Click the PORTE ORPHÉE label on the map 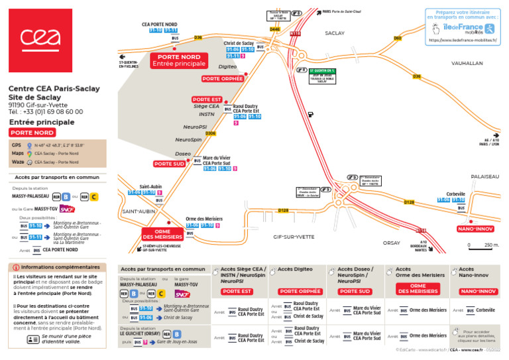point(223,78)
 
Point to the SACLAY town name point(335,32)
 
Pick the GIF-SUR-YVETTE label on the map point(294,237)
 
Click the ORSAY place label point(392,243)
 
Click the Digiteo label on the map point(227,66)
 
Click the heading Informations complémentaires point(60,267)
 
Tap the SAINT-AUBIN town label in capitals point(138,211)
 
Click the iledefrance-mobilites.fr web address point(463,40)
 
